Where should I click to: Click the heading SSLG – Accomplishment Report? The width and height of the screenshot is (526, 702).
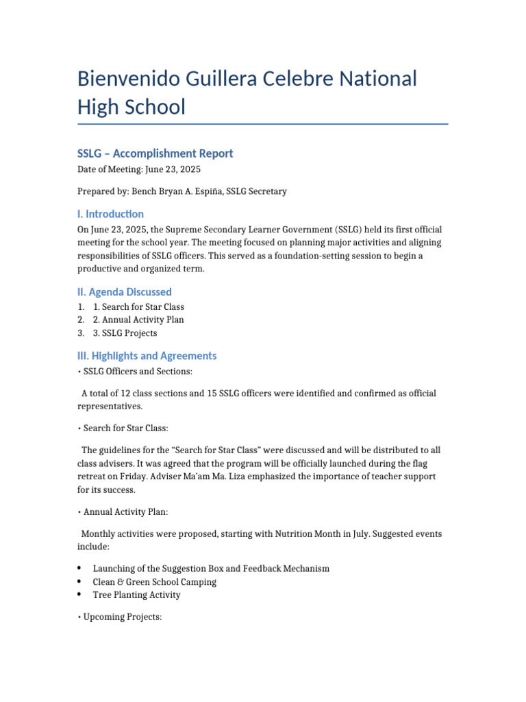155,154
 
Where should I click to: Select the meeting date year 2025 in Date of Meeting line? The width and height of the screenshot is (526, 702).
189,169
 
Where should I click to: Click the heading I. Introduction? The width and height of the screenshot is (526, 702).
110,214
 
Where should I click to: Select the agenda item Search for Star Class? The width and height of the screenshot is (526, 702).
142,307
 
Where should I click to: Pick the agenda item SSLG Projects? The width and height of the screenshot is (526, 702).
129,333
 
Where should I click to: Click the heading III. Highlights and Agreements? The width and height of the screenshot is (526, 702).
147,356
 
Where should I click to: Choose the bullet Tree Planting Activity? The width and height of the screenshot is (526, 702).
136,595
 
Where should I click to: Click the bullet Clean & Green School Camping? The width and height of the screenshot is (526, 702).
154,582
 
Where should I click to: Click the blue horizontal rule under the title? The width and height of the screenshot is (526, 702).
263,124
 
